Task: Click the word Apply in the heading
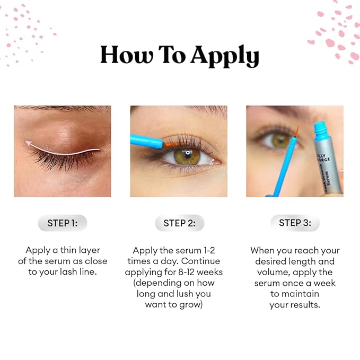(225, 56)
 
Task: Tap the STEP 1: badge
(62, 223)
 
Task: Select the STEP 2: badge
(179, 223)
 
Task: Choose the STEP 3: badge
(295, 223)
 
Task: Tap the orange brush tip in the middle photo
(171, 143)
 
